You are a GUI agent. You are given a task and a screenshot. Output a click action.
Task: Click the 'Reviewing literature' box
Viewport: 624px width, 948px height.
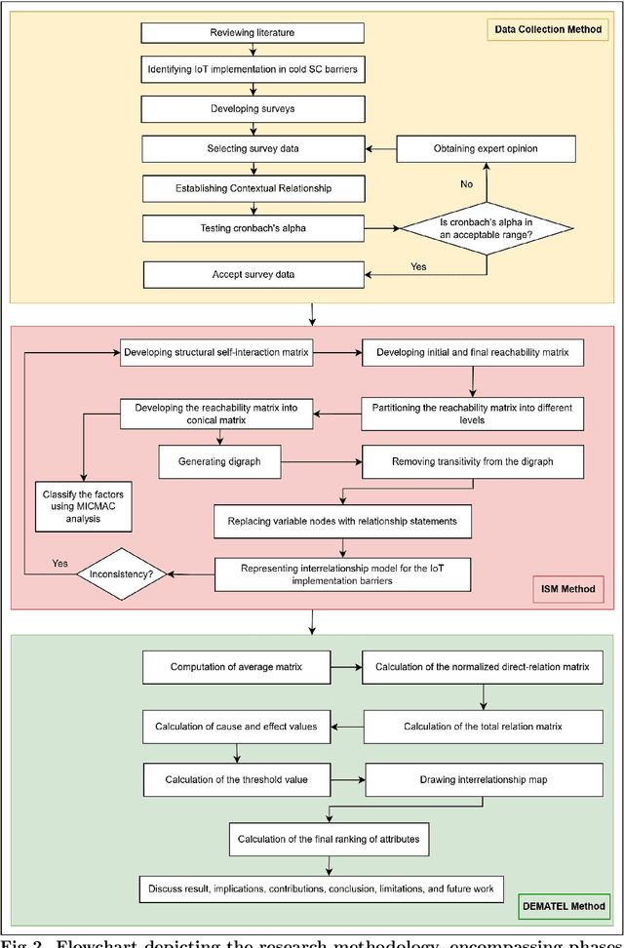pos(253,33)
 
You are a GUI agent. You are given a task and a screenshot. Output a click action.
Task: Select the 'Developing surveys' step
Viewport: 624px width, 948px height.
pos(253,108)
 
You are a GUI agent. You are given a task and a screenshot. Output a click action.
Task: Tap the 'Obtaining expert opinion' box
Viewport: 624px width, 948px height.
pos(485,148)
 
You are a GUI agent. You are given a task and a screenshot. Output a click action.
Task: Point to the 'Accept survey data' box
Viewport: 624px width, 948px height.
pos(253,274)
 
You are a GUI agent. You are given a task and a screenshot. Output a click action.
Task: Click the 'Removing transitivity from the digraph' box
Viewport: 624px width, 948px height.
pos(473,459)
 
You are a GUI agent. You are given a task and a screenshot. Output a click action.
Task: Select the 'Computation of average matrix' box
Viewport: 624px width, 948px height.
pos(235,667)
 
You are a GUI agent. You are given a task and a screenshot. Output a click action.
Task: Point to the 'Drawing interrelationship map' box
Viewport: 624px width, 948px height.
pos(473,779)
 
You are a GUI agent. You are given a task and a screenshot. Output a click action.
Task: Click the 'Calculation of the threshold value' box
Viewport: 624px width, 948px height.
pos(235,779)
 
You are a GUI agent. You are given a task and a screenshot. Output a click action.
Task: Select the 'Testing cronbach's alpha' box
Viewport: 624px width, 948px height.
pos(253,229)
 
